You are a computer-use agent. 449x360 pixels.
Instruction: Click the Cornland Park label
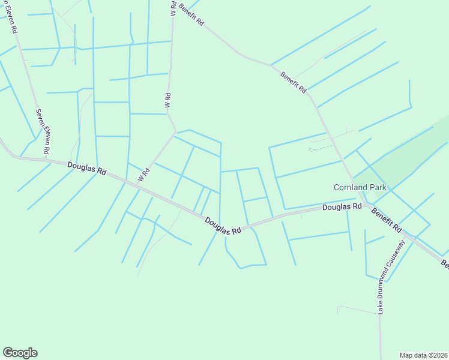pos(360,187)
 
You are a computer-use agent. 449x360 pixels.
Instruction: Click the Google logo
pos(20,353)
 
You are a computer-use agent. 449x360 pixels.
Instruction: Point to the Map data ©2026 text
pos(423,355)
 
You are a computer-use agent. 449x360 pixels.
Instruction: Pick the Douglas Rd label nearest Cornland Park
pos(342,207)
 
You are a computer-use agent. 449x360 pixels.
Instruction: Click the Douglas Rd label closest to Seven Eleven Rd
pos(86,168)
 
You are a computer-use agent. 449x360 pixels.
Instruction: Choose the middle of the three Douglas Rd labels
pos(222,226)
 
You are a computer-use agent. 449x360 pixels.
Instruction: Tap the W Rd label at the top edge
pos(173,8)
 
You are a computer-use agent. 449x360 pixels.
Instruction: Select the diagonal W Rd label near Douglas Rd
pos(143,175)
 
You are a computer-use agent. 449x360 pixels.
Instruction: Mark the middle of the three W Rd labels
pos(168,100)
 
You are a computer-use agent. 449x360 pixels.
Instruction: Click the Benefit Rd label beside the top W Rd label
pos(191,17)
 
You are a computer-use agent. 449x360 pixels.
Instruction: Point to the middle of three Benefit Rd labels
pos(293,82)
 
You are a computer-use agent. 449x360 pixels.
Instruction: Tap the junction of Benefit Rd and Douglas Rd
pos(364,205)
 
